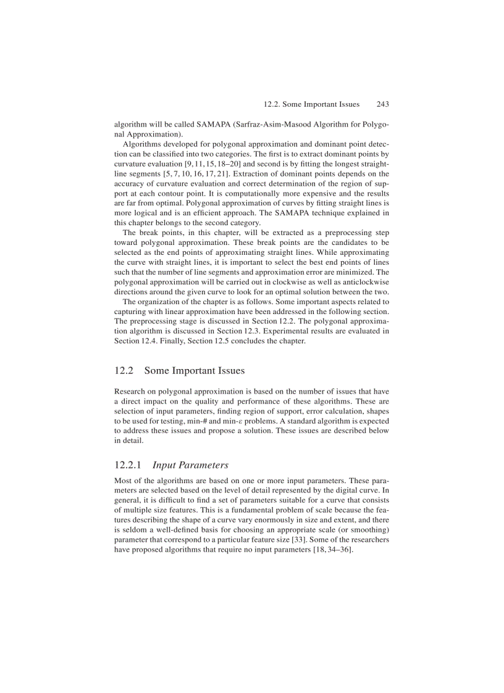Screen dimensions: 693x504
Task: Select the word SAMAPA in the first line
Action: pos(197,124)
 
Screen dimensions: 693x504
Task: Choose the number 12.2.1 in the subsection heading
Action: pos(128,465)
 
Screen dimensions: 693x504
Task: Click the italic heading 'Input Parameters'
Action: pos(190,465)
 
